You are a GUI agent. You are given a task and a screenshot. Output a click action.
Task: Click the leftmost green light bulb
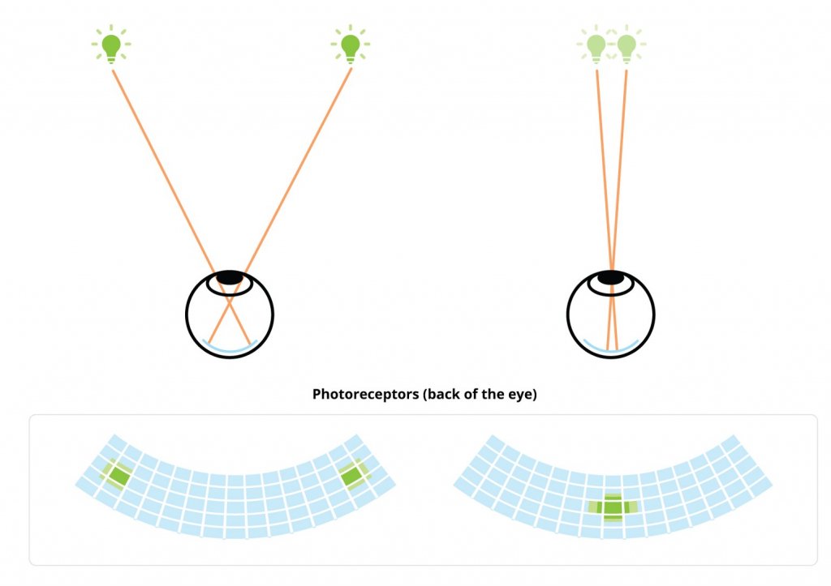[x=111, y=45]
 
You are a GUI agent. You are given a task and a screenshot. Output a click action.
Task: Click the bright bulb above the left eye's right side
[x=351, y=45]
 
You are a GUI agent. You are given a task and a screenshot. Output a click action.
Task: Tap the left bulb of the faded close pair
[x=596, y=46]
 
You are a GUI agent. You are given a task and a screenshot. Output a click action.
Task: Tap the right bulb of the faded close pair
[x=626, y=46]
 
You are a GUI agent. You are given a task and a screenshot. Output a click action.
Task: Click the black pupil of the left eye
[x=230, y=277]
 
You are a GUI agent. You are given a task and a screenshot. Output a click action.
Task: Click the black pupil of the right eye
[x=610, y=277]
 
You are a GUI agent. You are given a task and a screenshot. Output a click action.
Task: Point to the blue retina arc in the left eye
[x=230, y=349]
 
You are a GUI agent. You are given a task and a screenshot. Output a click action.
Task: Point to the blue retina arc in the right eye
[x=610, y=349]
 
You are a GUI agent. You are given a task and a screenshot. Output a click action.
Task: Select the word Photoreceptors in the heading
[x=365, y=395]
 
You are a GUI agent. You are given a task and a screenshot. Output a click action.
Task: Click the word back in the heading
[x=441, y=395]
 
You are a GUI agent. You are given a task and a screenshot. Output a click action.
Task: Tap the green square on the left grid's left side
[x=117, y=474]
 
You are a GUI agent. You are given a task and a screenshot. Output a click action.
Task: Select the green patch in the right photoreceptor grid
[x=613, y=507]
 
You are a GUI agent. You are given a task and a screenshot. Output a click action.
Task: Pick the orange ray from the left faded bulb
[x=607, y=210]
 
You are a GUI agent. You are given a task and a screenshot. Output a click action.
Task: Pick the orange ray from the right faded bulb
[x=617, y=210]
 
